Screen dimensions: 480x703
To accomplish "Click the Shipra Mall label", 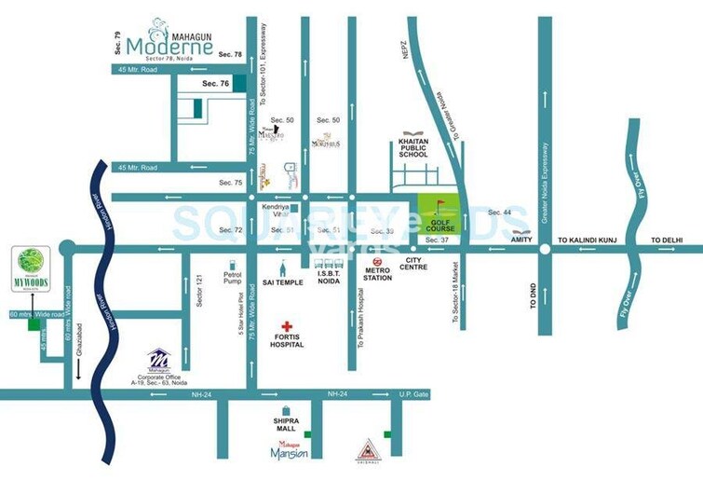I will (x=285, y=425).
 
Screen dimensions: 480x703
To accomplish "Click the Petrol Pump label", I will (x=232, y=279).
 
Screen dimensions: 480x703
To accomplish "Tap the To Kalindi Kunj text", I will (x=588, y=240).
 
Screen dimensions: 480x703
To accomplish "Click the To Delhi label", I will (x=669, y=240).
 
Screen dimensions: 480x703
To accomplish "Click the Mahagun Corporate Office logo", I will (x=159, y=358).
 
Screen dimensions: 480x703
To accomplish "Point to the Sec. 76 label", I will (x=215, y=84).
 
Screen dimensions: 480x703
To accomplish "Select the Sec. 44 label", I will (x=500, y=213).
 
